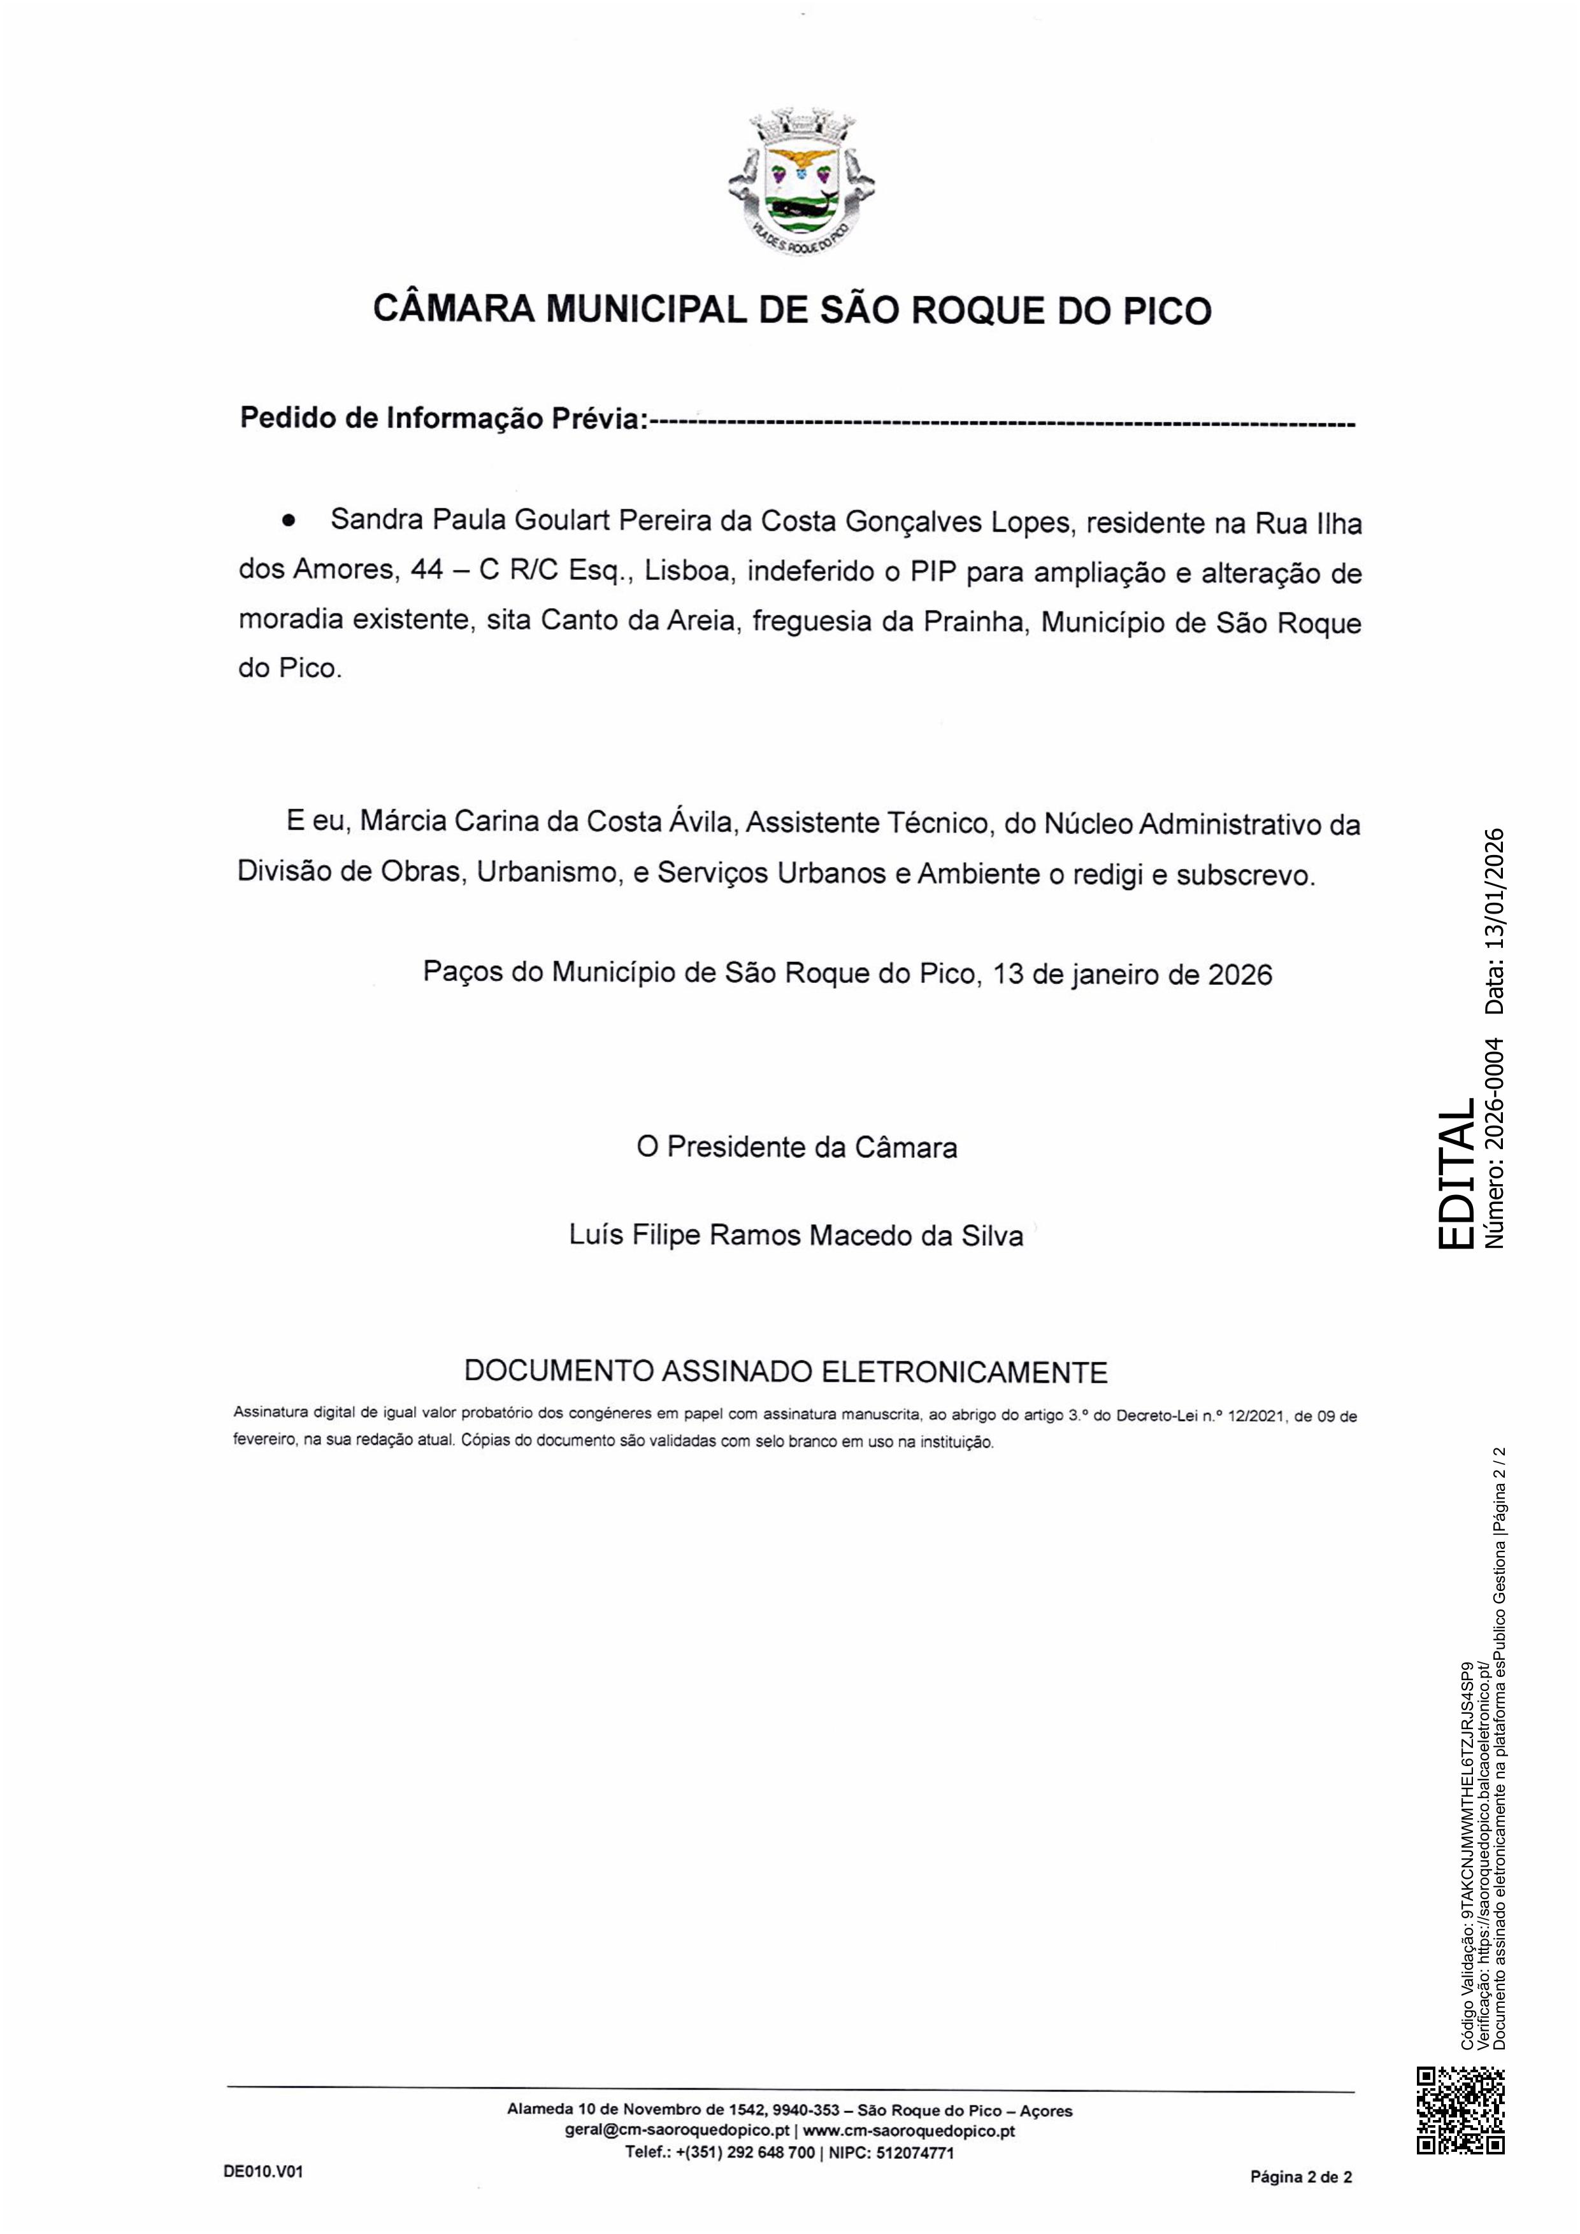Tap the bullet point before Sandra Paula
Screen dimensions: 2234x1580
click(x=288, y=521)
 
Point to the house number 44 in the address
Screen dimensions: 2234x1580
click(x=428, y=570)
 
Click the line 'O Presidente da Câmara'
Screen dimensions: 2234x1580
click(x=796, y=1147)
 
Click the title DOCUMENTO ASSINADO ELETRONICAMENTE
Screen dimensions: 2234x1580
click(x=786, y=1372)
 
